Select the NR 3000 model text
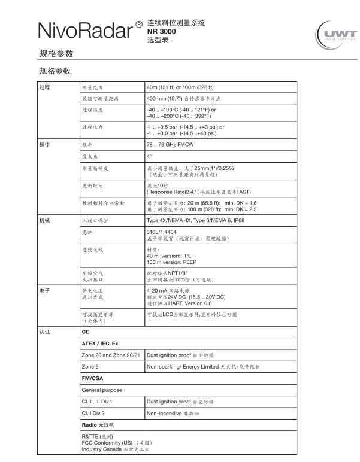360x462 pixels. (x=161, y=31)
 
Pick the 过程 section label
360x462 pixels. (x=44, y=87)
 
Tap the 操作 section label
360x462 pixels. (x=44, y=145)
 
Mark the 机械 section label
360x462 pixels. (x=44, y=221)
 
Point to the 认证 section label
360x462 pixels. (x=44, y=331)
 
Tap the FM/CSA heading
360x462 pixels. (x=93, y=379)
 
